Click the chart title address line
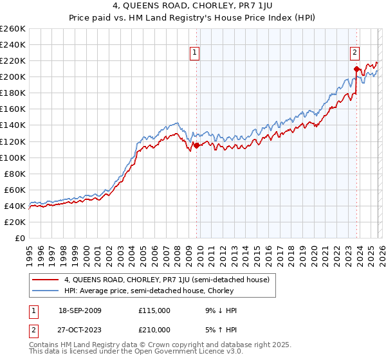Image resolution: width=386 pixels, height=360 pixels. [x=193, y=6]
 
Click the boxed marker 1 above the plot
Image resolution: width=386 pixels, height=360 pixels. [x=195, y=53]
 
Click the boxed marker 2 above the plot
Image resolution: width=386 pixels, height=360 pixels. [x=354, y=53]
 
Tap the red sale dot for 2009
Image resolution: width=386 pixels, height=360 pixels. [x=196, y=145]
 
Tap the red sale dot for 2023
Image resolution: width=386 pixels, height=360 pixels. [x=356, y=69]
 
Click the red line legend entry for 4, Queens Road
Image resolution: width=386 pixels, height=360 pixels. [x=170, y=280]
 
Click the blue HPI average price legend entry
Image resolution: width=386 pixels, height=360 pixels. [x=149, y=291]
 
